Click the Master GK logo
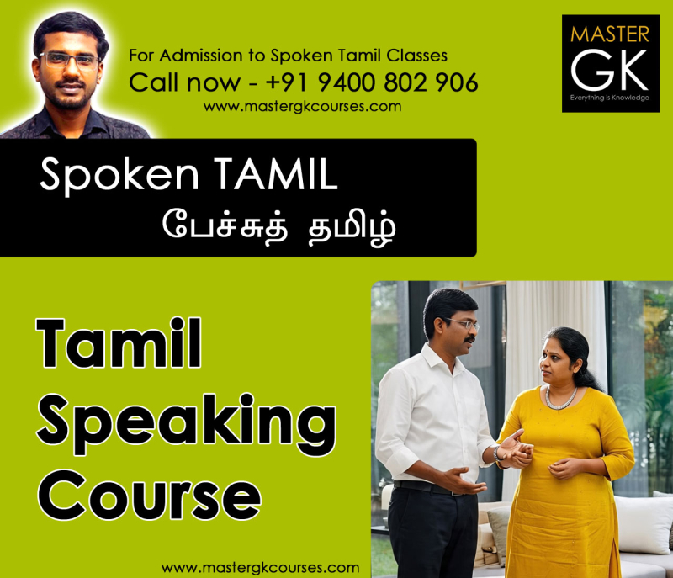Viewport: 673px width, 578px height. click(610, 62)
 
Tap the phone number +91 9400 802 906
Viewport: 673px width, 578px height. click(372, 82)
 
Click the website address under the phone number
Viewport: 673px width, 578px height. click(302, 107)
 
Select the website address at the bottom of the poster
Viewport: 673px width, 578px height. click(260, 567)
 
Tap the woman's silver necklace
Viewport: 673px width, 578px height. click(561, 396)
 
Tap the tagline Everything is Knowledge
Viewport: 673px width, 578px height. click(610, 98)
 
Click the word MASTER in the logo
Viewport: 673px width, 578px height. click(610, 34)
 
